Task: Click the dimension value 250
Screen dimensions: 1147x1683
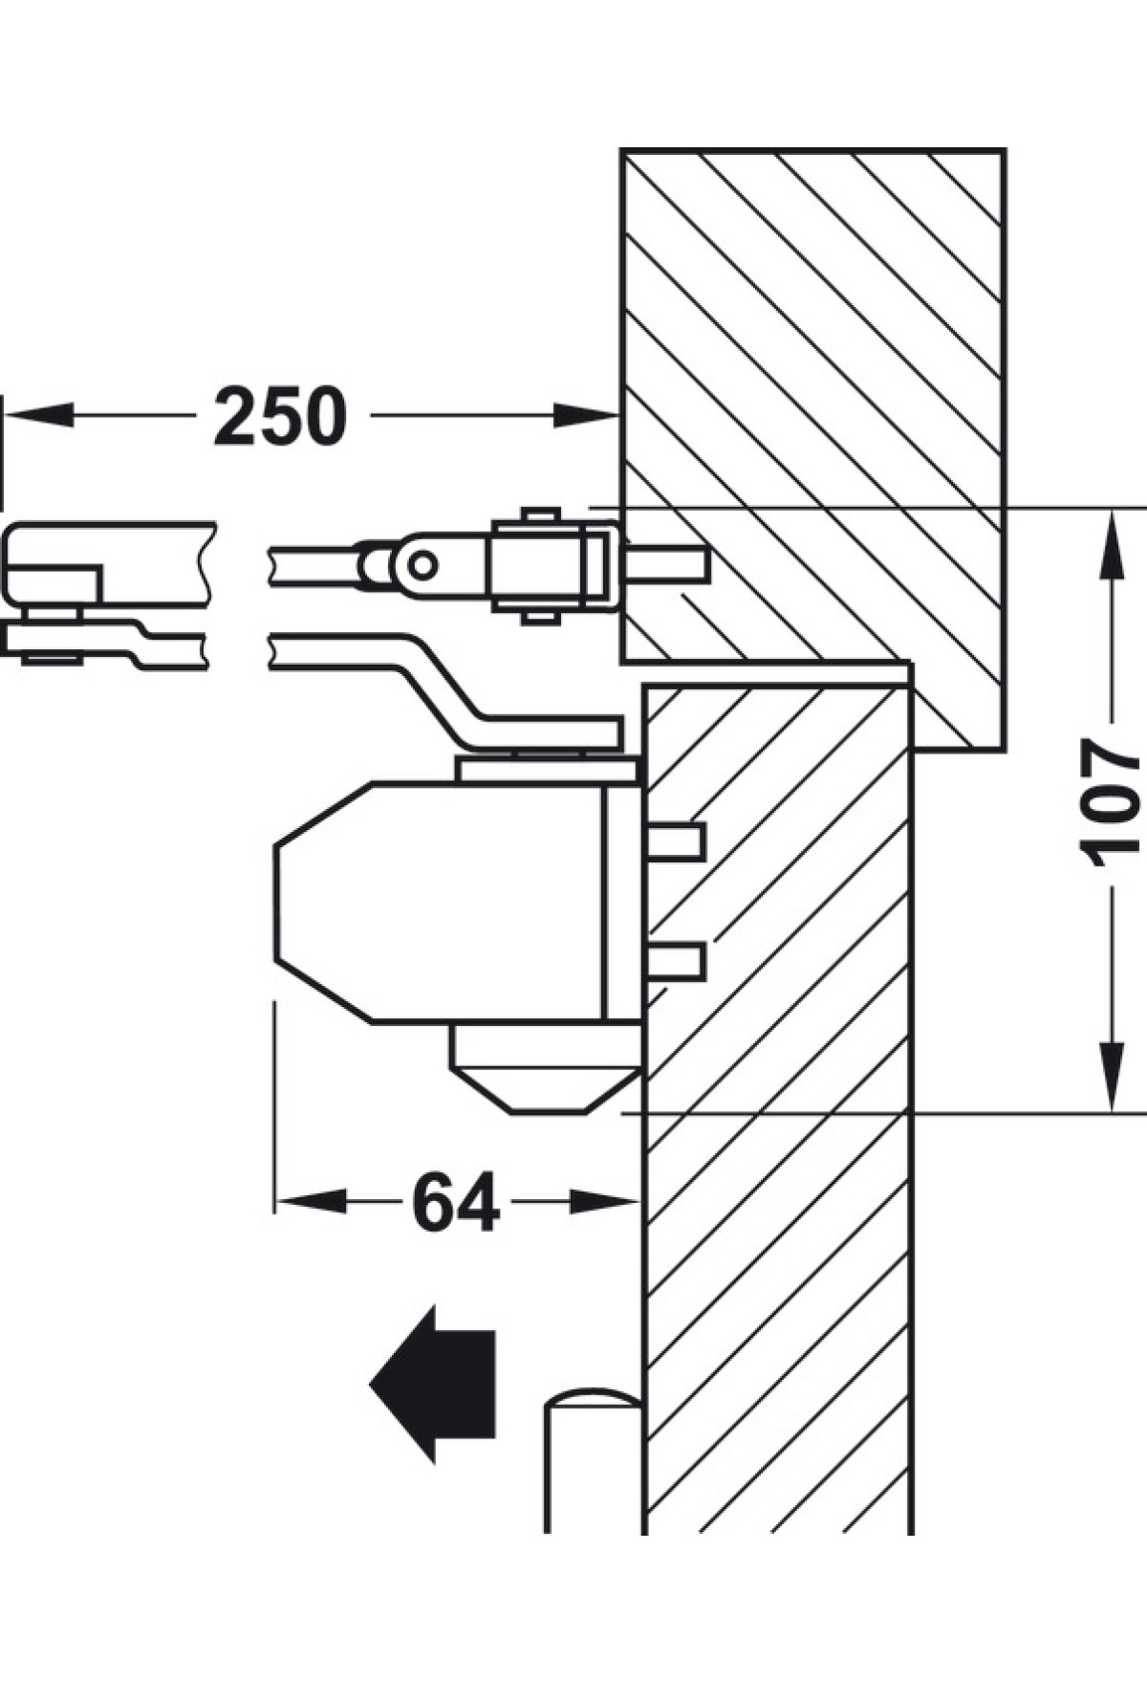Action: click(279, 416)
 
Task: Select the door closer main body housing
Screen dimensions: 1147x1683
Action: click(440, 903)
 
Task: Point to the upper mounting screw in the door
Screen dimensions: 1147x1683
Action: click(676, 841)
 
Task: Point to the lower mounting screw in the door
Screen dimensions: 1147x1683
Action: click(676, 961)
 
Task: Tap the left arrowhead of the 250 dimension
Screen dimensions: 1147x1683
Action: click(38, 415)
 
